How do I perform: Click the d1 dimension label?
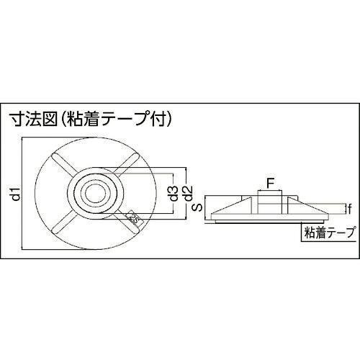(17, 194)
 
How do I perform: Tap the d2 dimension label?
(189, 194)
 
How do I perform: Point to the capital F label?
(270, 184)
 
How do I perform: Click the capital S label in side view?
(199, 207)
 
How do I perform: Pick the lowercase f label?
(350, 209)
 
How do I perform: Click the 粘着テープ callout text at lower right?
(329, 233)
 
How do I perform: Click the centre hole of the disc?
(96, 194)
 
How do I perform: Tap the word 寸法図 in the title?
(32, 119)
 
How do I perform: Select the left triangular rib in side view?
(231, 205)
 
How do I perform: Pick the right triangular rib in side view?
(309, 205)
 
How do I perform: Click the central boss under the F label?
(269, 202)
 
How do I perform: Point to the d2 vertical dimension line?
(186, 194)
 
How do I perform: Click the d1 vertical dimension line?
(22, 194)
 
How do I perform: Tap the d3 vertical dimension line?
(173, 194)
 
